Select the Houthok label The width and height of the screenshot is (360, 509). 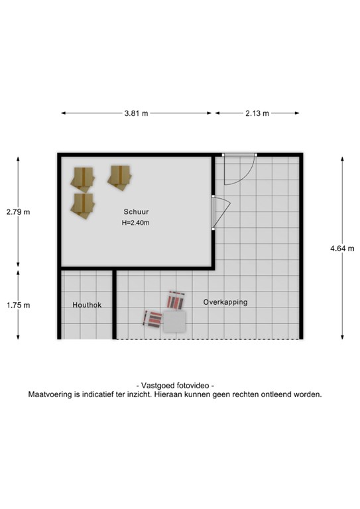[x=86, y=305]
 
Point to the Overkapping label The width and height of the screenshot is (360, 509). [x=225, y=302]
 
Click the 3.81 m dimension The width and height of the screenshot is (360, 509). [x=136, y=113]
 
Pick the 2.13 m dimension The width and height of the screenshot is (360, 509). [x=257, y=113]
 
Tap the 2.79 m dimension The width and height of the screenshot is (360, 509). [x=18, y=212]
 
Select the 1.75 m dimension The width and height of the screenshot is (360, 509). [x=18, y=305]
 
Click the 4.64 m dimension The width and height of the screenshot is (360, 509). [x=342, y=249]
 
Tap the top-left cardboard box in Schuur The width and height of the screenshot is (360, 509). [x=83, y=178]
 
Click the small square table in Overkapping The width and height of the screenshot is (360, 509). [x=174, y=321]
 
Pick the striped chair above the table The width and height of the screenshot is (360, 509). [x=176, y=301]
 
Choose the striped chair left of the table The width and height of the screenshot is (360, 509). [x=153, y=319]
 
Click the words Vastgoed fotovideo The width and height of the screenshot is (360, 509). [x=175, y=385]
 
